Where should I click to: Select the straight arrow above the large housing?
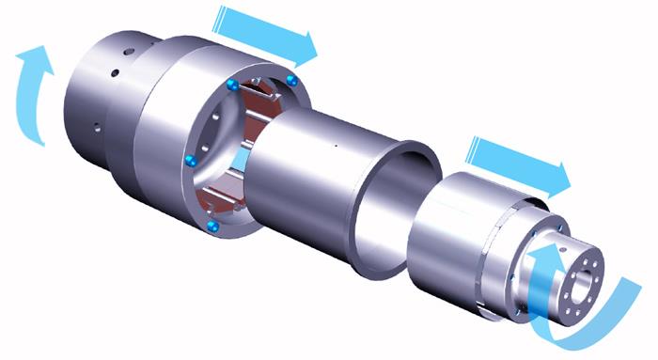(267, 32)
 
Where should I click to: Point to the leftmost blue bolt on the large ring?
(191, 160)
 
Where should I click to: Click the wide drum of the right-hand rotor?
(451, 235)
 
